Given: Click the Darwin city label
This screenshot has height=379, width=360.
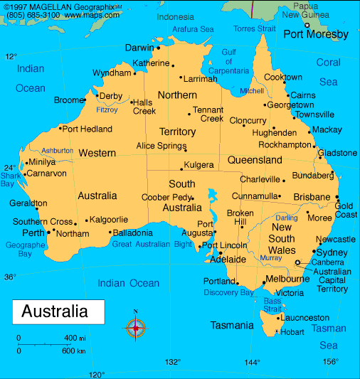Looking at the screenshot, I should [x=139, y=48].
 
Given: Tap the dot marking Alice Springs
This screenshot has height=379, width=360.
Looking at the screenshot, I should [x=186, y=150].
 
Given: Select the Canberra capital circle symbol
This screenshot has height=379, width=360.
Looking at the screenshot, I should [x=297, y=263].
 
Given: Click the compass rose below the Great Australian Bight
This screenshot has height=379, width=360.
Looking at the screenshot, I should [x=136, y=328].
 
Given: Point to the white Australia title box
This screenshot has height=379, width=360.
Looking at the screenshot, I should [x=58, y=311].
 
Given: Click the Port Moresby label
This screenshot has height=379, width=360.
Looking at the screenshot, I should [x=316, y=34].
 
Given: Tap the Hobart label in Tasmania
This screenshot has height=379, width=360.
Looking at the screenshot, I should [x=292, y=331].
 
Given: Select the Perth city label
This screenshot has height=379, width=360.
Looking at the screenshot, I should [x=33, y=233].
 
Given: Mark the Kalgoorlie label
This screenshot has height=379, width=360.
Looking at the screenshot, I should [x=109, y=220].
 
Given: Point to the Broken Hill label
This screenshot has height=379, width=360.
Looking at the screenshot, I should [x=240, y=218].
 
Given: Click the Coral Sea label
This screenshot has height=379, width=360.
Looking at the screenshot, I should [x=329, y=72].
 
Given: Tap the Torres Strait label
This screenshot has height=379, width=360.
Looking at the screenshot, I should [x=254, y=29].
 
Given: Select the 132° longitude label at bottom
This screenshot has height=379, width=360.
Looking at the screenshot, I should [x=173, y=362].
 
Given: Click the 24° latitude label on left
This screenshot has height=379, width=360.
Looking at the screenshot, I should [x=10, y=168].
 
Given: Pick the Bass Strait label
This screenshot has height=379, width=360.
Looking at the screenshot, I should [x=272, y=304].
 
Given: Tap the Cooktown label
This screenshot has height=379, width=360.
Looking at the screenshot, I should [x=283, y=78].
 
